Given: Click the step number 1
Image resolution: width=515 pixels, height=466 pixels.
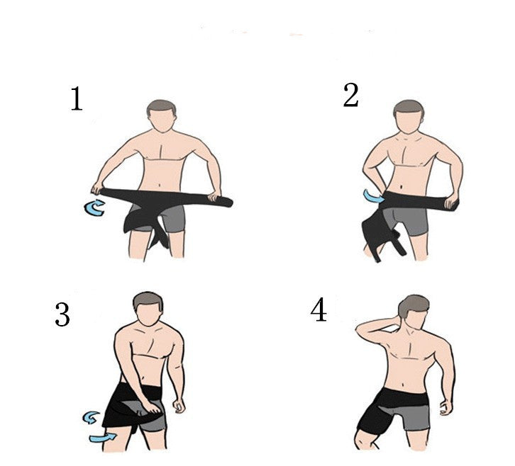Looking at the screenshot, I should click(x=77, y=99).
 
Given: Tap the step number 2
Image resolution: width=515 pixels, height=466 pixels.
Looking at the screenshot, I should click(x=350, y=96).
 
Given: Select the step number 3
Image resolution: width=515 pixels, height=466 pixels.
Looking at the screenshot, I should click(x=62, y=314).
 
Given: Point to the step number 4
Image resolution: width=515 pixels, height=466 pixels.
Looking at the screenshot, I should click(x=319, y=310).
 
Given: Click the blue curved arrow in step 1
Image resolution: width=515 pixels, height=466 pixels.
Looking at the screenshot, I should click(x=94, y=208).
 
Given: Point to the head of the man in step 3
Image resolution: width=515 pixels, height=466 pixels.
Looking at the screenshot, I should click(x=148, y=309).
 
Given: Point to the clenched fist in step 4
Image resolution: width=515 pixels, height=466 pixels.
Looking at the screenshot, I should click(x=445, y=409).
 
